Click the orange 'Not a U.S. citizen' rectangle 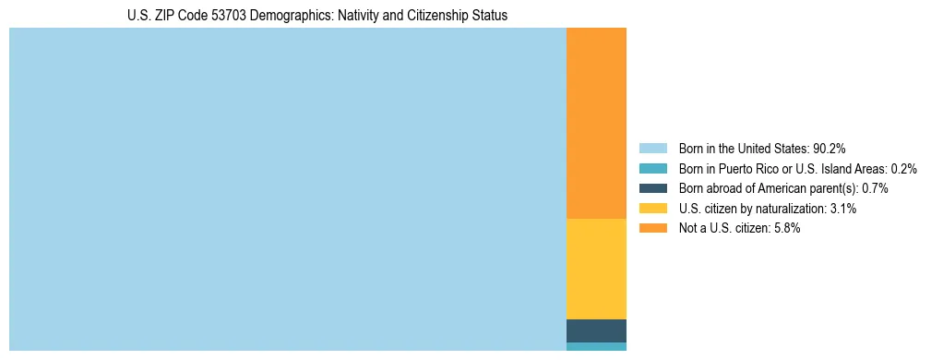pyautogui.click(x=596, y=123)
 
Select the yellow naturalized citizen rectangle pyautogui.click(x=596, y=269)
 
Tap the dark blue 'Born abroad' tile pyautogui.click(x=596, y=330)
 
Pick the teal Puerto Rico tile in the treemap pyautogui.click(x=596, y=347)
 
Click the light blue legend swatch pyautogui.click(x=652, y=149)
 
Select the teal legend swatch pyautogui.click(x=652, y=169)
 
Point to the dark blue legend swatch pyautogui.click(x=652, y=188)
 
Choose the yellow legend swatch pyautogui.click(x=652, y=209)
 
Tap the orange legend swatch pyautogui.click(x=652, y=228)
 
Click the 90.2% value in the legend pyautogui.click(x=830, y=149)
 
